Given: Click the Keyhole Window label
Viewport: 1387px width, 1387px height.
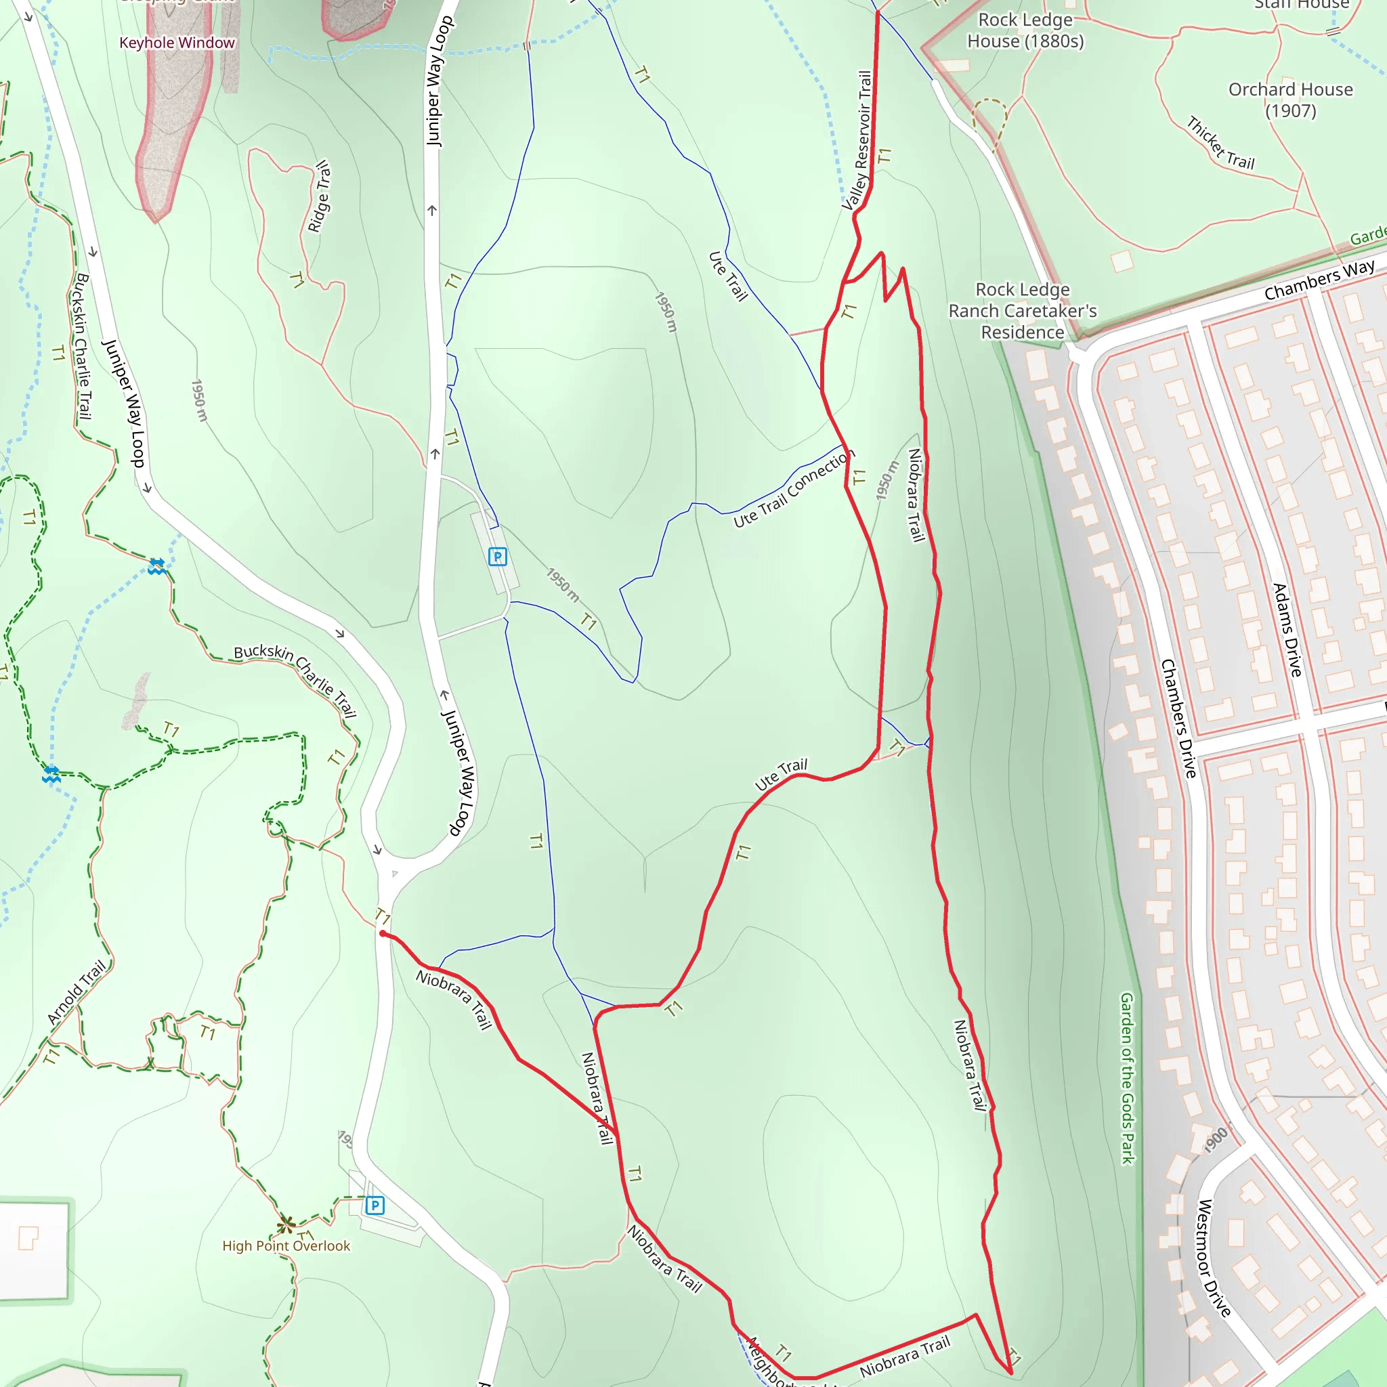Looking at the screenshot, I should point(177,43).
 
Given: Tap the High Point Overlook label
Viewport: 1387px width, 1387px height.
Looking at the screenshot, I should point(286,1245).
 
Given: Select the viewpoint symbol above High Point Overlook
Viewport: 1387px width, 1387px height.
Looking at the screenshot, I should point(286,1222).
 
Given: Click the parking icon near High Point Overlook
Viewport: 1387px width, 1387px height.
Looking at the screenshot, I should point(375,1205).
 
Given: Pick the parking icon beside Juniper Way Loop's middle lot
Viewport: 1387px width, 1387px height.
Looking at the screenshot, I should point(498,557).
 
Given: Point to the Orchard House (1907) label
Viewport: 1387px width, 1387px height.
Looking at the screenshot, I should point(1290,100).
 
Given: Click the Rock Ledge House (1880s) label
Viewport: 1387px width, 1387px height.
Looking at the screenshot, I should point(1025,30).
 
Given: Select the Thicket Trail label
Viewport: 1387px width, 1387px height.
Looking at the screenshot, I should point(1220,144).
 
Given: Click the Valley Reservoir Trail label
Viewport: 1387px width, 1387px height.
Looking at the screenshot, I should point(858,140).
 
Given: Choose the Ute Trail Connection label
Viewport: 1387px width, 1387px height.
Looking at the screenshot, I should point(793,489).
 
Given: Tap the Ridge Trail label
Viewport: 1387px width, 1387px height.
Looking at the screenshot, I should point(319,196).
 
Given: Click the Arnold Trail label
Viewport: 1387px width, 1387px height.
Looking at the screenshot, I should point(76,991).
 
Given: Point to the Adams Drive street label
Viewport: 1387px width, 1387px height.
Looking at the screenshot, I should point(1287,630).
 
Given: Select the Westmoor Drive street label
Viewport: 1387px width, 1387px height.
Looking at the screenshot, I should point(1214,1257).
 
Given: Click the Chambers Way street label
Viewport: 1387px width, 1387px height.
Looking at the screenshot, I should point(1319,280).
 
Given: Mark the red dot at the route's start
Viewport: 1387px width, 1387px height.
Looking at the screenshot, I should point(383,934).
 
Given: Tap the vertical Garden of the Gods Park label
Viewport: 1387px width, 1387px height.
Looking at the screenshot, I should point(1127,1077).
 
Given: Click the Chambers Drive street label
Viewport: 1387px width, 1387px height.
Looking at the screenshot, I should point(1178,719).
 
